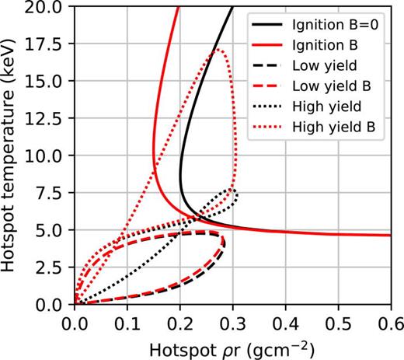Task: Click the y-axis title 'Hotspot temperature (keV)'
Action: pos(11,156)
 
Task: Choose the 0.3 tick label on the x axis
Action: pos(232,320)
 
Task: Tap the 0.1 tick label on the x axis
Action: pos(127,320)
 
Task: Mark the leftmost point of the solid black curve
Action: pos(179,167)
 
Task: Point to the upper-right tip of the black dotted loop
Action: pos(232,189)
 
